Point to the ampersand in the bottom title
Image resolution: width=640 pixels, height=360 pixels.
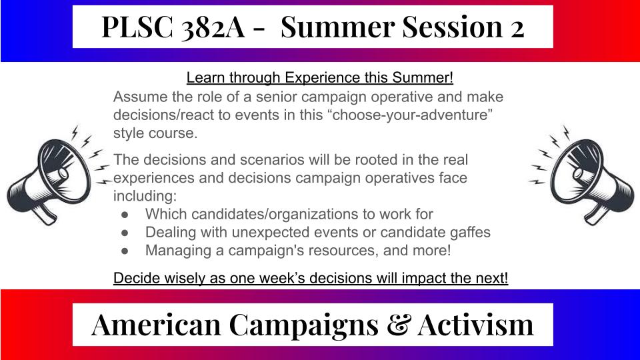coord(398,325)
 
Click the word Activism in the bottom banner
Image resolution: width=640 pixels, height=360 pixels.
coord(475,325)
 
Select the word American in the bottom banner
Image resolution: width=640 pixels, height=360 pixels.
coord(156,325)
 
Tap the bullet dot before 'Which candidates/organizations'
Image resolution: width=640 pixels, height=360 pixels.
coord(125,215)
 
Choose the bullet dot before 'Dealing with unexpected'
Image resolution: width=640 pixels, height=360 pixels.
coord(125,233)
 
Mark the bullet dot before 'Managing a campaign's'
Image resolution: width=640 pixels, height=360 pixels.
coord(125,251)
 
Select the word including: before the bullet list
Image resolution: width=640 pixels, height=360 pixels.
coord(145,196)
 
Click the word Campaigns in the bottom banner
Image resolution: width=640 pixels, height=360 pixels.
coord(304,325)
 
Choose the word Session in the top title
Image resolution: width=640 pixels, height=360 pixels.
coord(453,27)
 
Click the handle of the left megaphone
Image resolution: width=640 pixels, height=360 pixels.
coord(44,213)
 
